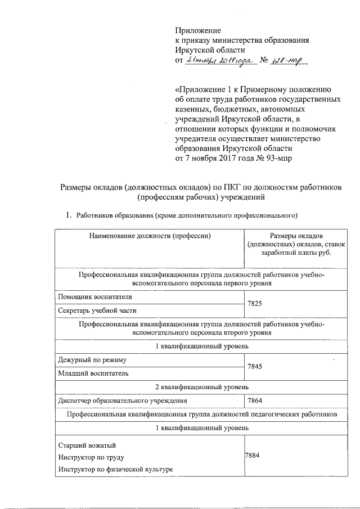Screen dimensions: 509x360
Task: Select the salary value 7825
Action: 255,303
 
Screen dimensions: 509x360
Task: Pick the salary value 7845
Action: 255,366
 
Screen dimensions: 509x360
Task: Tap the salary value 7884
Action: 252,457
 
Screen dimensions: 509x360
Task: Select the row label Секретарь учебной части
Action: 97,310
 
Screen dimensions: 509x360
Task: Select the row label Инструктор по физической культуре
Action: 115,470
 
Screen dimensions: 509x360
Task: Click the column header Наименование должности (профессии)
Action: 150,236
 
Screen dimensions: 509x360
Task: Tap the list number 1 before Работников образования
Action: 69,215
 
